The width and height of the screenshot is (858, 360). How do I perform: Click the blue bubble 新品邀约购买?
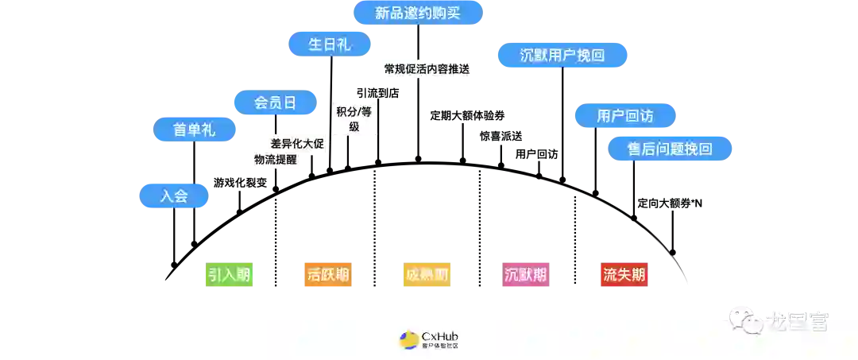[x=417, y=14]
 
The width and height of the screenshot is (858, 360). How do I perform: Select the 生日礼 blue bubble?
[x=329, y=45]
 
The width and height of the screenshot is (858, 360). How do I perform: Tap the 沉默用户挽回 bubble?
[x=562, y=56]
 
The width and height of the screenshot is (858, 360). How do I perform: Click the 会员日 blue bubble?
[x=275, y=103]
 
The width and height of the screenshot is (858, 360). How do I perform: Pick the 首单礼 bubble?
[x=194, y=130]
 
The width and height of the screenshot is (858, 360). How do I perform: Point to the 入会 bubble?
[x=174, y=195]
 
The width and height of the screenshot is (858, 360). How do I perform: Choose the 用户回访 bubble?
[x=624, y=116]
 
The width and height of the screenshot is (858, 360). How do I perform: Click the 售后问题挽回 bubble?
[x=669, y=149]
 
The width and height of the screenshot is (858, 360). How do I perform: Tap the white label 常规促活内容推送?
[x=427, y=69]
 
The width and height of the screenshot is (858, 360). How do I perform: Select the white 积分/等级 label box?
[x=354, y=119]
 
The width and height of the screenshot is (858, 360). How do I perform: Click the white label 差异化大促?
[x=297, y=144]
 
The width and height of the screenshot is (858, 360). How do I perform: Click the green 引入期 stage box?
[x=229, y=276]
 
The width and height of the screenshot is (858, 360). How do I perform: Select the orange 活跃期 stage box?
[x=327, y=276]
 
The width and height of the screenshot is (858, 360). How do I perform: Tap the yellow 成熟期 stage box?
[x=426, y=276]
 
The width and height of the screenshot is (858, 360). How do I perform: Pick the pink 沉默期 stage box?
[x=525, y=276]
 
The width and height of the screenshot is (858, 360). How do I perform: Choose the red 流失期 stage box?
[x=624, y=276]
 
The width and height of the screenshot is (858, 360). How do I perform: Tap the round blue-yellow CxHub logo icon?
[x=409, y=340]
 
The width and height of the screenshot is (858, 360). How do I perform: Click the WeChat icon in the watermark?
[x=741, y=319]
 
